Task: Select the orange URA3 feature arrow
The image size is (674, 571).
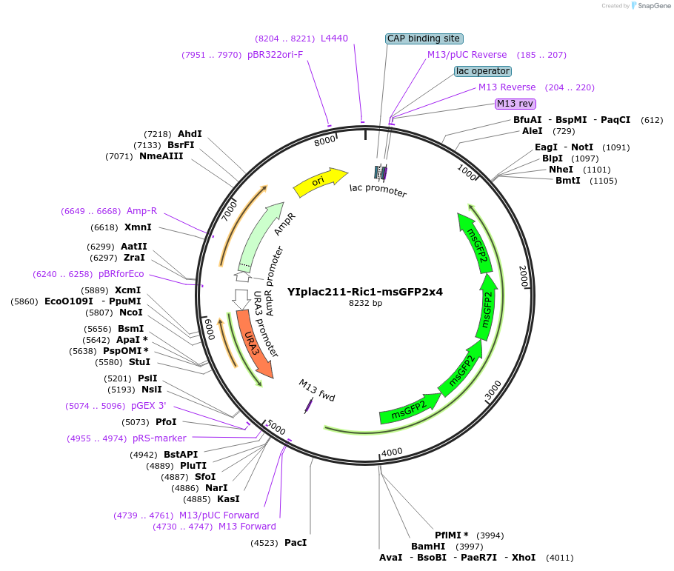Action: (x=254, y=345)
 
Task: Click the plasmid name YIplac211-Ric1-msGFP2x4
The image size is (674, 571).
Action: (x=365, y=292)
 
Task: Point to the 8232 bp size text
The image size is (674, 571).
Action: (x=365, y=303)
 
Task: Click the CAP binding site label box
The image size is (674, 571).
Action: (x=424, y=39)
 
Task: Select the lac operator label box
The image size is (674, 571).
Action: (x=482, y=71)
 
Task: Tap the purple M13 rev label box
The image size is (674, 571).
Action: (x=515, y=104)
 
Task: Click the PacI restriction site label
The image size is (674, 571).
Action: (x=296, y=543)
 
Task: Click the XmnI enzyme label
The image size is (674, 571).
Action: (x=138, y=227)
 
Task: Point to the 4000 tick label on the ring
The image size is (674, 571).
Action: (x=392, y=452)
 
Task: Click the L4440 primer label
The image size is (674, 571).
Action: (x=334, y=39)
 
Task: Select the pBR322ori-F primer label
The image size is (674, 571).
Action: (x=275, y=55)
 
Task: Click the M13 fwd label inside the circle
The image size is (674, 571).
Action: (x=317, y=390)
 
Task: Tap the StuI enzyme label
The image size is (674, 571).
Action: (x=139, y=362)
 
